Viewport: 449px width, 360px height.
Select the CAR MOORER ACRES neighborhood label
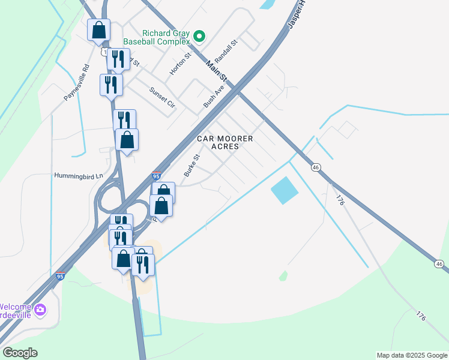coord(226,142)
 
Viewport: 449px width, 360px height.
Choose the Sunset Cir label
coord(162,95)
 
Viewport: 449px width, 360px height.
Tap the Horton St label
coord(179,63)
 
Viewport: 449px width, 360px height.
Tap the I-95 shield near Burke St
coord(156,176)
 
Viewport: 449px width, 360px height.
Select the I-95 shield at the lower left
coord(59,276)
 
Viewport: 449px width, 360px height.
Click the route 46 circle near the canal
coord(315,167)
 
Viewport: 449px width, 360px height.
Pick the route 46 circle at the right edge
coord(439,263)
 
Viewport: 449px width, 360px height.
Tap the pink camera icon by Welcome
coord(40,310)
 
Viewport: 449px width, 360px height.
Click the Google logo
coord(20,353)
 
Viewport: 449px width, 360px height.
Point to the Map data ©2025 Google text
coord(411,355)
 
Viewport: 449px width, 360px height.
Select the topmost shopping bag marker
coord(98,29)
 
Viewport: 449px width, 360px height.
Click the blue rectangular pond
coord(285,191)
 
